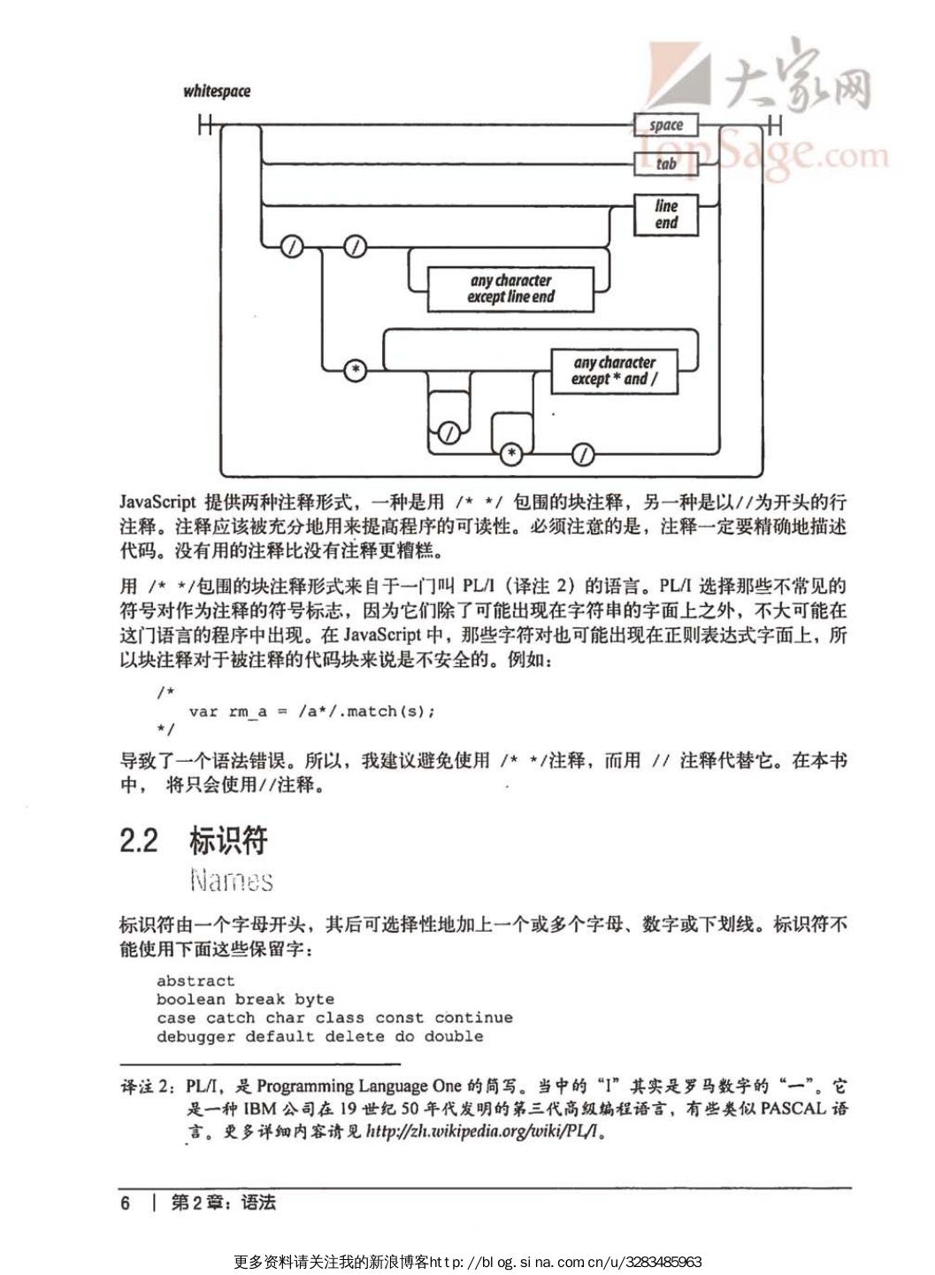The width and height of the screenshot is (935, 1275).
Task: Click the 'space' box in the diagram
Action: [x=666, y=125]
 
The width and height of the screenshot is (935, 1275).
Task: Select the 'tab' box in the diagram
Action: [x=666, y=163]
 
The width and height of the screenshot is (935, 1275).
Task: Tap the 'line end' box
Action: [x=666, y=214]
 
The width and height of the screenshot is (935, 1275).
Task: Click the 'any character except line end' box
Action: [x=510, y=288]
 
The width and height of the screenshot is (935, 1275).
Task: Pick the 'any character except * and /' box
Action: [x=614, y=371]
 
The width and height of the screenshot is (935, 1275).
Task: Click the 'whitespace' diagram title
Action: [x=217, y=91]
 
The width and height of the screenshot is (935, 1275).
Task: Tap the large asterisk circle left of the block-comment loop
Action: [x=355, y=370]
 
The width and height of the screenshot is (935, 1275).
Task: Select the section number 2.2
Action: [x=139, y=841]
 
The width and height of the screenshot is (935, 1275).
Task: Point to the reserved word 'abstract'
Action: [x=195, y=980]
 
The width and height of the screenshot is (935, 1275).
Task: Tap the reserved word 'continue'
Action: [x=473, y=1018]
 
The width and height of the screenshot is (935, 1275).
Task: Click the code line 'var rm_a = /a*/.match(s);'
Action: [x=311, y=710]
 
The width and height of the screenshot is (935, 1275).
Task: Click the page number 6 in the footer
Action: [x=126, y=1202]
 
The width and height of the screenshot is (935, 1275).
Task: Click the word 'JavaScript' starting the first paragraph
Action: [x=157, y=502]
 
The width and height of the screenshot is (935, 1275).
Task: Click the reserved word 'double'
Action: [x=454, y=1036]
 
